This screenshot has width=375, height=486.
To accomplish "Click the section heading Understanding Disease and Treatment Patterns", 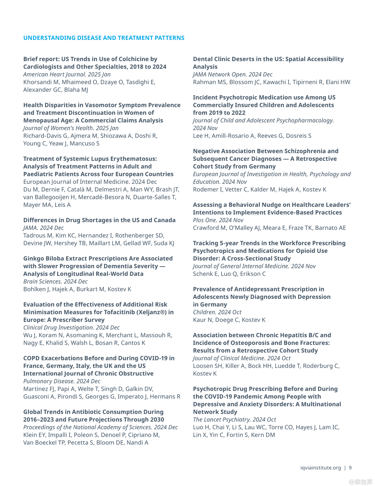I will pyautogui.click(x=104, y=38).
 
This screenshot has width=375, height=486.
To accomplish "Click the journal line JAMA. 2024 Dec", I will pyautogui.click(x=43, y=228).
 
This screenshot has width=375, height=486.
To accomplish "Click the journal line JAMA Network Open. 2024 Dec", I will pyautogui.click(x=233, y=74).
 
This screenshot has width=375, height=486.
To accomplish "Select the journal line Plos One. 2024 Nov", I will pyautogui.click(x=218, y=220).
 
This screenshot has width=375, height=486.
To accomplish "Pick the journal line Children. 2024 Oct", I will pyautogui.click(x=217, y=312).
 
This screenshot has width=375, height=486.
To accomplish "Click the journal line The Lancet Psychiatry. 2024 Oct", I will pyautogui.click(x=234, y=420).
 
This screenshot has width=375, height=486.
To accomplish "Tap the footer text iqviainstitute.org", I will pyautogui.click(x=320, y=468).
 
